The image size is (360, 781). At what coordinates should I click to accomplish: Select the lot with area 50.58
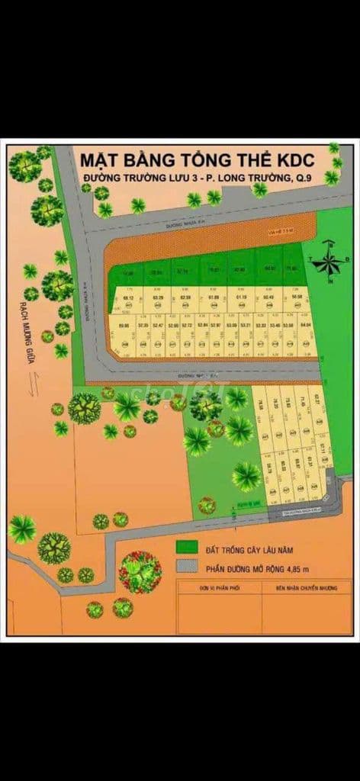tap(297, 297)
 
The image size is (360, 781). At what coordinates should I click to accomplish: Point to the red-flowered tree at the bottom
tap(140, 572)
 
